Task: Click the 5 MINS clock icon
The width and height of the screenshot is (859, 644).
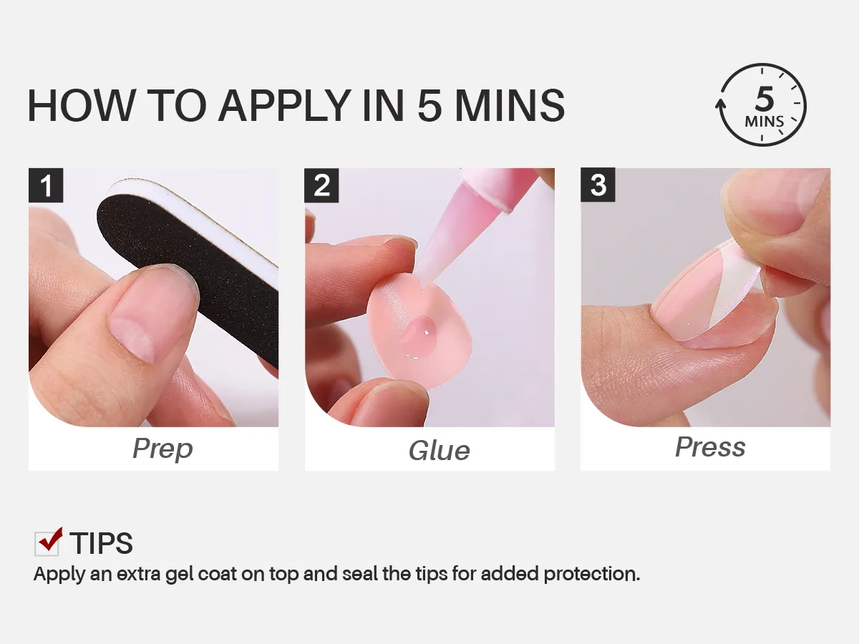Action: pyautogui.click(x=761, y=104)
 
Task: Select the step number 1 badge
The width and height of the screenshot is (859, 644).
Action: pyautogui.click(x=46, y=185)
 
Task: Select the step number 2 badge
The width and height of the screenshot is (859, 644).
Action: pyautogui.click(x=321, y=185)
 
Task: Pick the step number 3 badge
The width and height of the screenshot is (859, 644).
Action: pyautogui.click(x=598, y=185)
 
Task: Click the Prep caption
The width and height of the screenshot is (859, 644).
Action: pyautogui.click(x=162, y=449)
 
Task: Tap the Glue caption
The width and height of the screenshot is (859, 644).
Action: pyautogui.click(x=439, y=451)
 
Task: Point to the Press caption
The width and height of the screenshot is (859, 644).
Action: pyautogui.click(x=710, y=447)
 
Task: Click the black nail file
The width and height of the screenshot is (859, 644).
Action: pyautogui.click(x=188, y=266)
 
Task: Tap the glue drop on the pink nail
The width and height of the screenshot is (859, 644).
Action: pyautogui.click(x=419, y=336)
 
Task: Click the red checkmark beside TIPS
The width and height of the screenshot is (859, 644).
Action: pyautogui.click(x=51, y=539)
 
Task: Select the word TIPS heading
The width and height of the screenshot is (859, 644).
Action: pyautogui.click(x=102, y=543)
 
